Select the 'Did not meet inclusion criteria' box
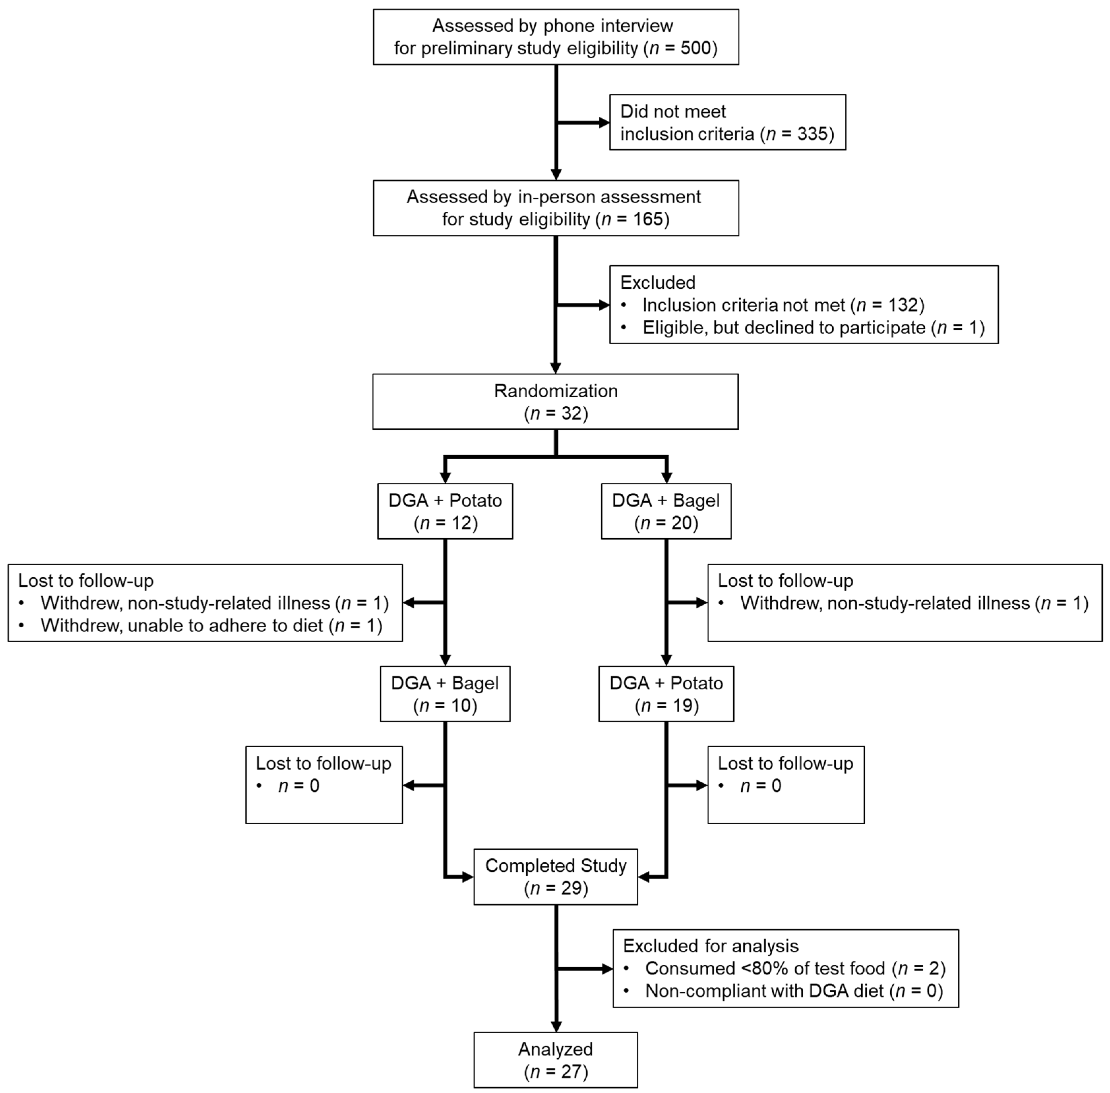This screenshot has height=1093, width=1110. tap(727, 122)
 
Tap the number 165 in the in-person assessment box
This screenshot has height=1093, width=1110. tap(648, 219)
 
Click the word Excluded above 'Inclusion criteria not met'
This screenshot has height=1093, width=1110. tap(657, 282)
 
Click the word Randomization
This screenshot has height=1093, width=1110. tap(555, 391)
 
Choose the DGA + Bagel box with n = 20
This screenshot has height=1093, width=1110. tap(666, 511)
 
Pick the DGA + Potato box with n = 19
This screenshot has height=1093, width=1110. tap(666, 693)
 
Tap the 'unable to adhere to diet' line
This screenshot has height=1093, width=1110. tap(211, 625)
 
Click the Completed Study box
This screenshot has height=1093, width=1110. tap(555, 876)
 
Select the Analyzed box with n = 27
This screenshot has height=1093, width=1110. tap(555, 1060)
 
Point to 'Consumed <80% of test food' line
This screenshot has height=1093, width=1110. tap(795, 969)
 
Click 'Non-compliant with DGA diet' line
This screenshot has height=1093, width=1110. tap(793, 991)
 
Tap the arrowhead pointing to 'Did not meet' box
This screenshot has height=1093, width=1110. tap(604, 122)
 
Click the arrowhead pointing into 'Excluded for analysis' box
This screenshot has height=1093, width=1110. tap(608, 969)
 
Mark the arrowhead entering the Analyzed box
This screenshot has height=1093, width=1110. tap(555, 1027)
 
